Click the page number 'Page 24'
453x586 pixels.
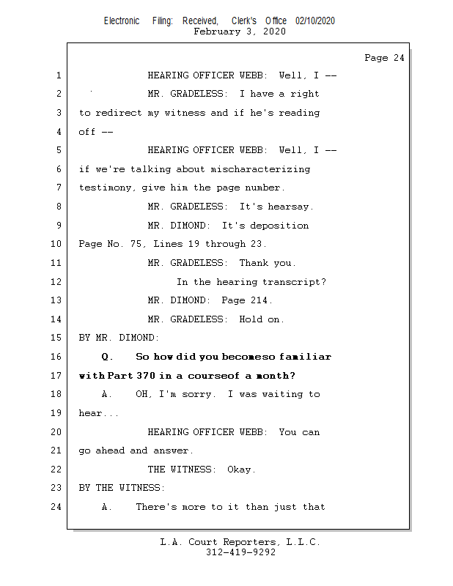384,58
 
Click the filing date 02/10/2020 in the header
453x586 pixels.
315,21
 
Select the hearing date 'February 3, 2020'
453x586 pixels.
240,31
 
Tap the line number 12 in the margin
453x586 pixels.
58,282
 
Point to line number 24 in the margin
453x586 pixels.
58,507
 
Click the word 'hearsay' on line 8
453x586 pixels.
290,207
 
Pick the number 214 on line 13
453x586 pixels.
259,300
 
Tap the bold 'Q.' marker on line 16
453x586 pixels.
108,357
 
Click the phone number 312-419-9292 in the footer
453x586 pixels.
240,553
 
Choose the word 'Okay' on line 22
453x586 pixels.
240,470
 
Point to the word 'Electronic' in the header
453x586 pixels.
122,21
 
